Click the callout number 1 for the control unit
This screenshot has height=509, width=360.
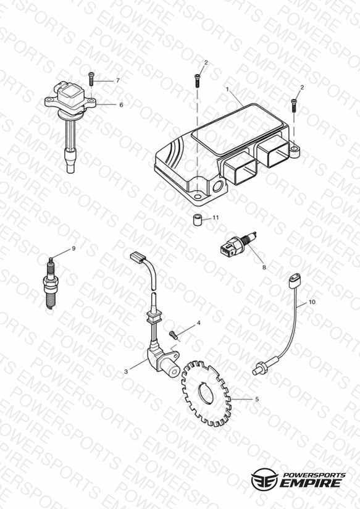point(228,88)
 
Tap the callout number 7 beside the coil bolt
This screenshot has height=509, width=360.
point(118,80)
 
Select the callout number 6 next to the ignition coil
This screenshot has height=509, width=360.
point(121,105)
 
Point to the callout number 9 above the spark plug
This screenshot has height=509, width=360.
point(73,248)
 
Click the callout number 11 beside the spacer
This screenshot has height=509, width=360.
point(216,217)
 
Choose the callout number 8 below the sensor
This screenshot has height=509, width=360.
point(264,267)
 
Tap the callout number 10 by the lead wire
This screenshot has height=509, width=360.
point(312,302)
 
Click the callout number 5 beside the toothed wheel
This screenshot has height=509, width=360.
point(257,399)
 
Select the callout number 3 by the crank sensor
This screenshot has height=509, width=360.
point(126,372)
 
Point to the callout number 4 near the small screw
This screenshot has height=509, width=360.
point(199,323)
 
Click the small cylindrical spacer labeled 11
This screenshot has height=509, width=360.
point(196,220)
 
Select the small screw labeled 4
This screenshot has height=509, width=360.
point(174,334)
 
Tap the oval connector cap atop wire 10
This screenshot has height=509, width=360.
point(293,280)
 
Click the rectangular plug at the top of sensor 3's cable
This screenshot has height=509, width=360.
point(138,256)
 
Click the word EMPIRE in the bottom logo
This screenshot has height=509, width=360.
point(312,483)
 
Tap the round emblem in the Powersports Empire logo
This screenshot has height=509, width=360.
point(264,479)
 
